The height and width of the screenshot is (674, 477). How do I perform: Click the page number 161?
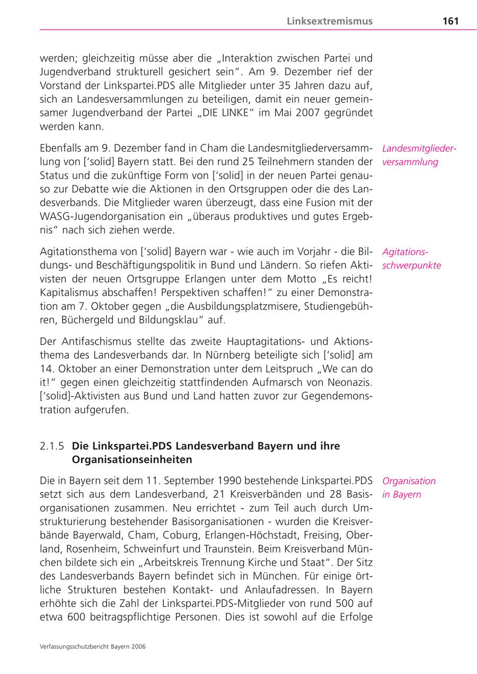pos(450,21)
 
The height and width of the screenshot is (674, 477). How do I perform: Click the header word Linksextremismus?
pos(330,21)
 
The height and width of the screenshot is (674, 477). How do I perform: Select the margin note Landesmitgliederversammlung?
pos(419,155)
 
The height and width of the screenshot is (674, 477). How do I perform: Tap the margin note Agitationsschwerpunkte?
pos(411,259)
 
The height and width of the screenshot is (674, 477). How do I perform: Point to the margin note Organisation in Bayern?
pos(409,487)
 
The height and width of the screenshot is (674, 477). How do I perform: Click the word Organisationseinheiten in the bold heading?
pos(132,459)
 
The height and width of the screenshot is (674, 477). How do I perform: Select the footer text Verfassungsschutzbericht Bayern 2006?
pos(93,646)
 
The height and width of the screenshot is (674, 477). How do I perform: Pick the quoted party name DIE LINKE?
pos(224,113)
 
